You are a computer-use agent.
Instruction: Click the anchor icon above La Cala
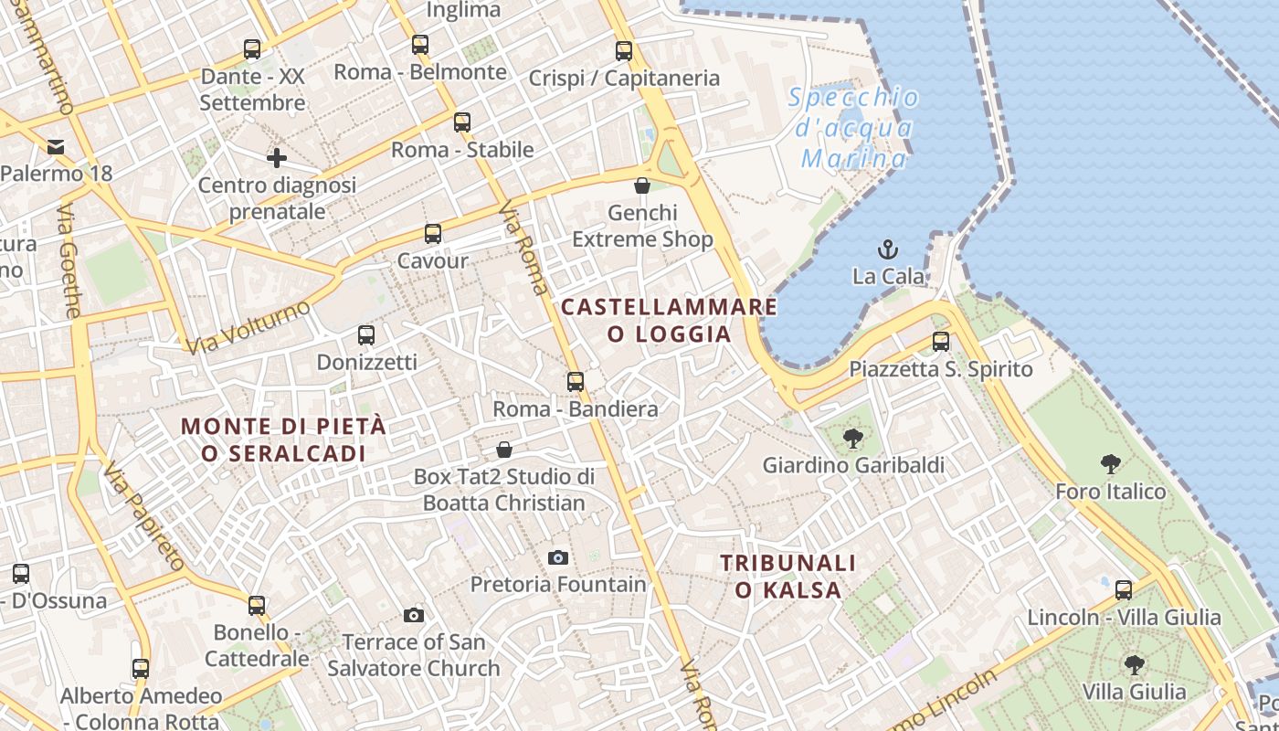[886, 249]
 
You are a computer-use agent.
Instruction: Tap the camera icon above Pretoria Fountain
[558, 557]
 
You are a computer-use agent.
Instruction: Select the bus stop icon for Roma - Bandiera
[576, 381]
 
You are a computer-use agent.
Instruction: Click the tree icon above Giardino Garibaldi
[853, 438]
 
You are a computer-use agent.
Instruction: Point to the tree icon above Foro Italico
[1111, 464]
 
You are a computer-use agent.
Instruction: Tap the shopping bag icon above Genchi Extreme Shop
[642, 185]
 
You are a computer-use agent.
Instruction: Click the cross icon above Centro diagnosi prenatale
[277, 158]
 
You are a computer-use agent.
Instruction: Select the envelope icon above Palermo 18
[56, 146]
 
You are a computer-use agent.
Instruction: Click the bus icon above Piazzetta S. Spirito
[941, 342]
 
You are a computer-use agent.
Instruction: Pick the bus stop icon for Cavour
[433, 233]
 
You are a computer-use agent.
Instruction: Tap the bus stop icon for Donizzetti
[366, 334]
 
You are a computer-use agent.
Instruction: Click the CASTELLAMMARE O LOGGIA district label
[670, 320]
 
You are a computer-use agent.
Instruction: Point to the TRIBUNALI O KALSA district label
[788, 577]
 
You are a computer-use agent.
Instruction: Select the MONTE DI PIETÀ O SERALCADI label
[284, 440]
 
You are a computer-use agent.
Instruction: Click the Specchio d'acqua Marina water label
[853, 128]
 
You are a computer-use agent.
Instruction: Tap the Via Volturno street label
[248, 327]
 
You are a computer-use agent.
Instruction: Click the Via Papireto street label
[144, 516]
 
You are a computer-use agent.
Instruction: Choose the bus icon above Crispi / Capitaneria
[624, 51]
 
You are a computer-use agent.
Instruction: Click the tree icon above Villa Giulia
[1134, 664]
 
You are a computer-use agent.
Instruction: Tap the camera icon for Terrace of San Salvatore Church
[414, 615]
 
